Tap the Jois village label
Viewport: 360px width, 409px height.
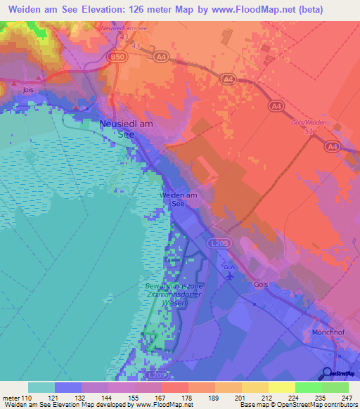pyautogui.click(x=28, y=91)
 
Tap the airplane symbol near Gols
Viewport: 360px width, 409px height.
pyautogui.click(x=230, y=275)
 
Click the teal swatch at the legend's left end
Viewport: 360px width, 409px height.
pyautogui.click(x=41, y=387)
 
